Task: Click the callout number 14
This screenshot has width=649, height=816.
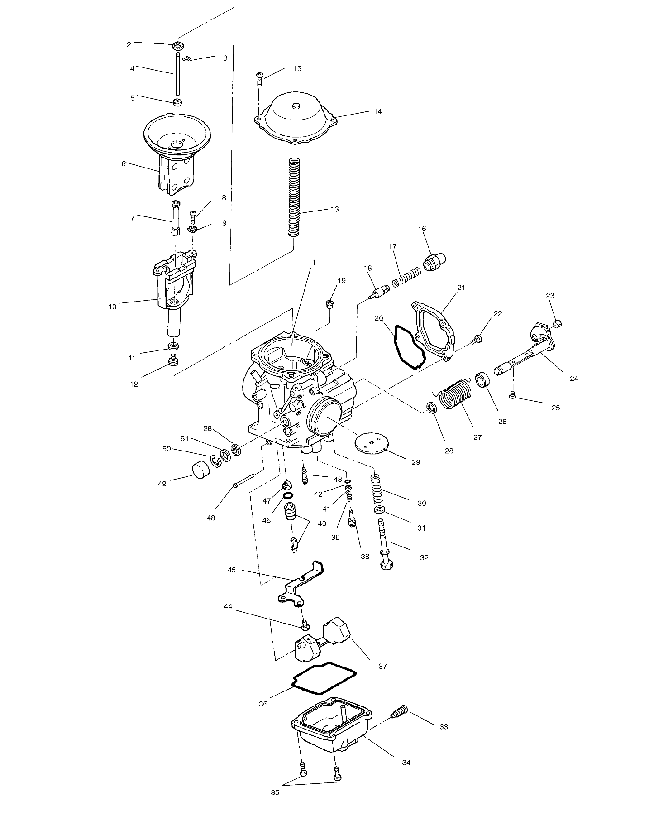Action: point(377,111)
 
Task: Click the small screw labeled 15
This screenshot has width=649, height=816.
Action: point(260,80)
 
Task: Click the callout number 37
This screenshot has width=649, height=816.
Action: point(382,667)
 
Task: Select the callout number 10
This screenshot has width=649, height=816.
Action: point(112,307)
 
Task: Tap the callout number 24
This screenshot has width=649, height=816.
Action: point(573,379)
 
